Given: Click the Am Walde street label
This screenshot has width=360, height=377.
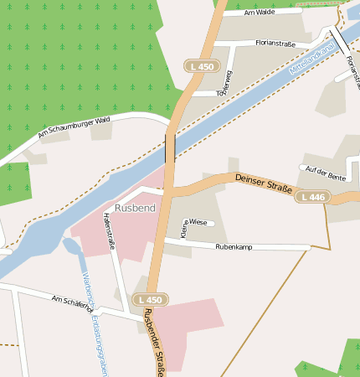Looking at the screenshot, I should pyautogui.click(x=260, y=13).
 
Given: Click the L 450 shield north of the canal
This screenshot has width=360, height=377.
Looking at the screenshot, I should pyautogui.click(x=201, y=65).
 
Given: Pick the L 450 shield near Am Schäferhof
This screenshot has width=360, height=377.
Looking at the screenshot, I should pyautogui.click(x=152, y=299).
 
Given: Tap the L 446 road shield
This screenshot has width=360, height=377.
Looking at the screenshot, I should pyautogui.click(x=341, y=197).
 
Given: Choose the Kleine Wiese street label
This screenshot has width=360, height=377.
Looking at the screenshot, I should pyautogui.click(x=193, y=223).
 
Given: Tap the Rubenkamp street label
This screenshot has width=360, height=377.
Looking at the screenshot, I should pyautogui.click(x=234, y=247).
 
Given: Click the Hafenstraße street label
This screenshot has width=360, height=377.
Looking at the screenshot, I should pyautogui.click(x=108, y=231).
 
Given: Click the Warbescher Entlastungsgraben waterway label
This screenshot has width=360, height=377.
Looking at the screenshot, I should pyautogui.click(x=93, y=323).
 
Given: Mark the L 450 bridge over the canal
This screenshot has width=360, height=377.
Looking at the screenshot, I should pyautogui.click(x=171, y=147).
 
